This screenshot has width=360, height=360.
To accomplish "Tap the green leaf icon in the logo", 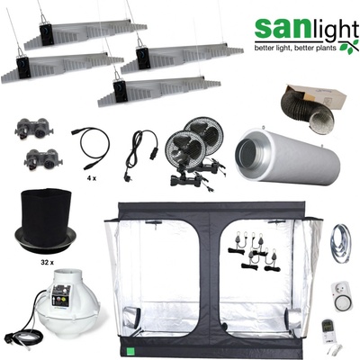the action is tap(349, 47).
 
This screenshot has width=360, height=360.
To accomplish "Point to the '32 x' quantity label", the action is tap(47, 263).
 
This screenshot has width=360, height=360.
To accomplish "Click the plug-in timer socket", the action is tap(341, 296).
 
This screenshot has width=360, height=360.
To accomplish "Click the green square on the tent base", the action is tap(130, 350).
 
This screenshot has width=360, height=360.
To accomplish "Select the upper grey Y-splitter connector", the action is tap(34, 128).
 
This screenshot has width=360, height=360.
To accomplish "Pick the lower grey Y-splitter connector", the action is tap(43, 158).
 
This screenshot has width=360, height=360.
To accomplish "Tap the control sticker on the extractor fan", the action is tap(60, 295).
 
